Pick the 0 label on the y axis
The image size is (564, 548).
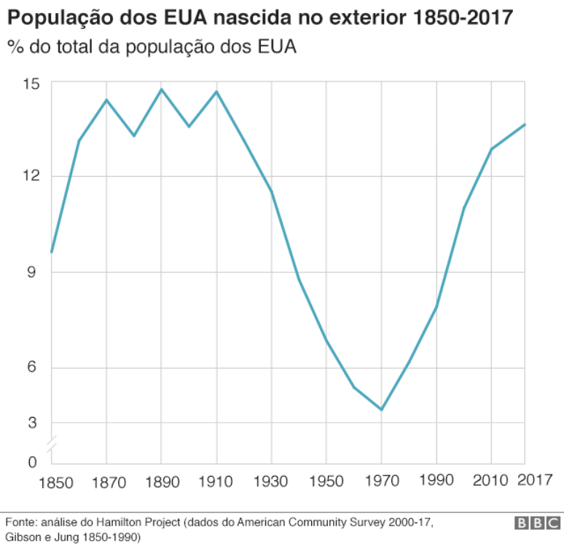click(x=33, y=461)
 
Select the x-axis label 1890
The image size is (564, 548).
click(x=161, y=482)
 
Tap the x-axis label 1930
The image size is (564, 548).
click(x=271, y=482)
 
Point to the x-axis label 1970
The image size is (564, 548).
click(x=381, y=482)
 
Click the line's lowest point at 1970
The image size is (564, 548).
click(x=381, y=410)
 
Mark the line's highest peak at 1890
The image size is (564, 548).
click(x=161, y=90)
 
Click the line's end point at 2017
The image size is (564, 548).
click(x=525, y=124)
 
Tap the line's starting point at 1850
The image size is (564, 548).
click(x=51, y=252)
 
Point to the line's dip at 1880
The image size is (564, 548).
click(x=134, y=135)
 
